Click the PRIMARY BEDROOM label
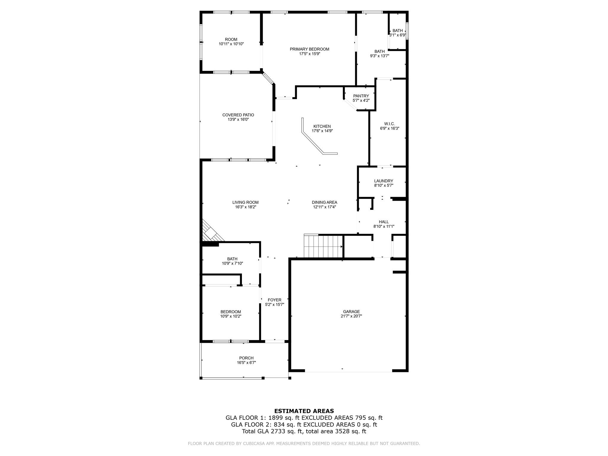point(309,49)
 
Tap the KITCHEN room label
point(322,126)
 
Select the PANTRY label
point(361,96)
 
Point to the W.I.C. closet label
point(389,124)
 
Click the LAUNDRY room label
point(384,181)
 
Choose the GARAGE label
point(351,312)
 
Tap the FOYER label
point(274,300)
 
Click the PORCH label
point(246,358)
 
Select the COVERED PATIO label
point(238,115)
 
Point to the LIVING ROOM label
point(245,202)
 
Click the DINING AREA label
point(324,202)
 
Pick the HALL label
point(384,222)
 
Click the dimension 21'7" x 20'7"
point(351,316)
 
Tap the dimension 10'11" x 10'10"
point(231,44)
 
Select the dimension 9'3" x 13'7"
point(379,56)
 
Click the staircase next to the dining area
point(323,246)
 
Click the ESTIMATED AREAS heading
point(304,411)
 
